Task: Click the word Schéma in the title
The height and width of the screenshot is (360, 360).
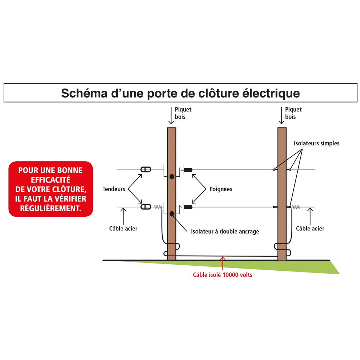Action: click(x=84, y=93)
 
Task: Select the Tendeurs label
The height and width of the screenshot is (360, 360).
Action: click(x=114, y=189)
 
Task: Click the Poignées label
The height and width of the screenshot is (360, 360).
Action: click(x=221, y=189)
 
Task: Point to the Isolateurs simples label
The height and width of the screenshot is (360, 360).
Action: click(x=316, y=143)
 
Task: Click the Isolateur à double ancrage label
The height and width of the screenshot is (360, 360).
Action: click(x=225, y=231)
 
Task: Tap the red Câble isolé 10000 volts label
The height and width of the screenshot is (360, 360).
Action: click(x=222, y=275)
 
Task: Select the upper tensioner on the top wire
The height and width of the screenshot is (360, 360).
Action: click(x=146, y=170)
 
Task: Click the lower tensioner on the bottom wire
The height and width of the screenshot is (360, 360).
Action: click(x=146, y=207)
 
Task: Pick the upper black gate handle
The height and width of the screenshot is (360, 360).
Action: click(x=188, y=170)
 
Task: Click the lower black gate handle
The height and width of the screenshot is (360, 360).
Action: click(x=188, y=207)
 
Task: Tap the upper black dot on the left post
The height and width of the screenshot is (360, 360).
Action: click(x=172, y=176)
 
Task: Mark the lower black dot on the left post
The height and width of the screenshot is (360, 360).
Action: click(x=172, y=214)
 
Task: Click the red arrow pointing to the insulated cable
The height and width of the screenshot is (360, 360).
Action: click(x=222, y=264)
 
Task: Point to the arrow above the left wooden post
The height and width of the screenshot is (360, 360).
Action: click(x=171, y=116)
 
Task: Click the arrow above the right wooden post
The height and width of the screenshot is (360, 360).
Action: click(x=281, y=116)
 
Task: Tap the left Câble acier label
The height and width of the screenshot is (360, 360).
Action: click(x=123, y=229)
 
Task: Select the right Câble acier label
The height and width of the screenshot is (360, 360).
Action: click(x=310, y=229)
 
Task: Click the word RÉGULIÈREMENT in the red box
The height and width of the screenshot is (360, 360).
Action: click(x=50, y=208)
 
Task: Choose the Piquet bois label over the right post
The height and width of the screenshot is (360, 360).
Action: click(x=293, y=113)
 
